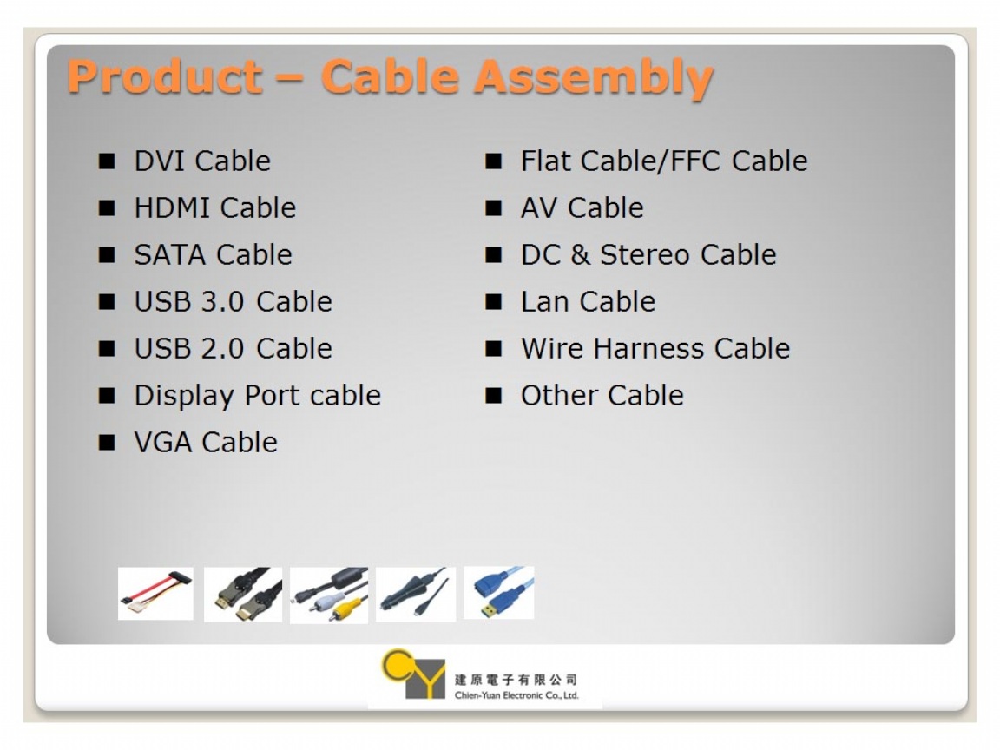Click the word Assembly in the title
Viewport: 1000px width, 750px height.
click(x=593, y=78)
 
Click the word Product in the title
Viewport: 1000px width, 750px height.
click(x=165, y=76)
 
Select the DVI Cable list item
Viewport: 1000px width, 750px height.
click(x=202, y=161)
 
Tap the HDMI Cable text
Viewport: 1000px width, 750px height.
click(x=215, y=208)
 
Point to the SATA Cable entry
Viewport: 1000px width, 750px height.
click(x=213, y=254)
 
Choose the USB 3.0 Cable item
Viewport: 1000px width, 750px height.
click(x=233, y=302)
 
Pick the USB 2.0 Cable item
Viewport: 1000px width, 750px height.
click(x=233, y=348)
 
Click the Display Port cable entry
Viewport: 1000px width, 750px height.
click(x=258, y=396)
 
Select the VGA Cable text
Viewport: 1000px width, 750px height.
click(x=206, y=442)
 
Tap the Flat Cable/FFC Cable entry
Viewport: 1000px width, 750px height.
click(x=664, y=161)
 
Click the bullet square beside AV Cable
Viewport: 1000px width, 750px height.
click(x=494, y=208)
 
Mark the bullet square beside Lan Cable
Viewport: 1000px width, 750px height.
click(x=494, y=302)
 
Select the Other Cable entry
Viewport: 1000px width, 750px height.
click(x=602, y=396)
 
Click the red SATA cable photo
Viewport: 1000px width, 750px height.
click(x=155, y=593)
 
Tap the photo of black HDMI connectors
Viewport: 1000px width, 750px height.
click(x=243, y=595)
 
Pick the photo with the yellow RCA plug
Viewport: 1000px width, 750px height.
click(x=329, y=595)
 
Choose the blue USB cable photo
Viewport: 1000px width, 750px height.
click(x=499, y=593)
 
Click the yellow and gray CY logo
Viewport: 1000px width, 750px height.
click(x=412, y=674)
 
